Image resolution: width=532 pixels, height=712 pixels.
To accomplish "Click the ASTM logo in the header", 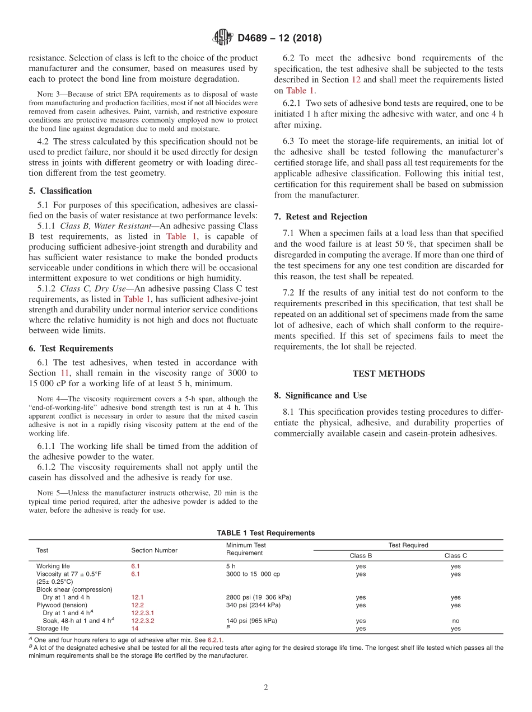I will tap(222, 38).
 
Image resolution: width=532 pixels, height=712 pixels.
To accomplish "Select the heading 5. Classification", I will tap(60, 191).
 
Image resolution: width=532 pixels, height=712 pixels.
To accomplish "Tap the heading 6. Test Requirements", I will tap(71, 348).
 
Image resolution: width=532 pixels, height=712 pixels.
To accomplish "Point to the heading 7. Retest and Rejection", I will tap(320, 217).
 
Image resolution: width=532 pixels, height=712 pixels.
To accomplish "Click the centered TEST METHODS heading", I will tap(388, 374).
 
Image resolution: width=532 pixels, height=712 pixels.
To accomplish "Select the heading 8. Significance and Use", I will tap(320, 396).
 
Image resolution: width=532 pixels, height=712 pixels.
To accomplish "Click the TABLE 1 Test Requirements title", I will tap(265, 533).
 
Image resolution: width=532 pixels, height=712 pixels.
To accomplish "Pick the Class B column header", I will tap(361, 556).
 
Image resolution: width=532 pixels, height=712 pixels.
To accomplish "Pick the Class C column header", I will tap(455, 556).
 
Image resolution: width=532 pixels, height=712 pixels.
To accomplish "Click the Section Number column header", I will tap(154, 550).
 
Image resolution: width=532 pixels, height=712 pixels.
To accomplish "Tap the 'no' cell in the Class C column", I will tap(455, 621).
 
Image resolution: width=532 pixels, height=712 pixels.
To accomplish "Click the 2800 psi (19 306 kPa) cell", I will tap(258, 597).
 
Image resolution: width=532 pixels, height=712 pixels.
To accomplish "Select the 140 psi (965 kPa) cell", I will tap(251, 621).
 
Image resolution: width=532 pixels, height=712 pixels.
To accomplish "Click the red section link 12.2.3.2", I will tap(143, 621).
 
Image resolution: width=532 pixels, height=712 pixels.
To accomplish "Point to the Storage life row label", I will tap(52, 629).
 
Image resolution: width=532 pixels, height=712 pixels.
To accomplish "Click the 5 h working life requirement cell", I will tap(231, 566).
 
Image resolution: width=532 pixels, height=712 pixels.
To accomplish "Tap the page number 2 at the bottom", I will tap(266, 688).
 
